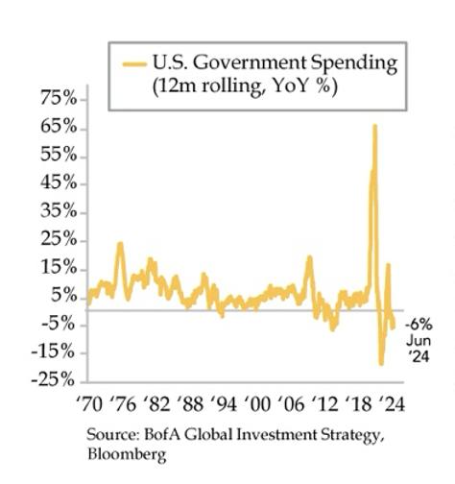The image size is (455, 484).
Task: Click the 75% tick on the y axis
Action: [x=57, y=99]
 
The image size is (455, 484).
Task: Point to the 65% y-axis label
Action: [x=57, y=127]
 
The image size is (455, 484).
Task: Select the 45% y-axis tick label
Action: [x=57, y=182]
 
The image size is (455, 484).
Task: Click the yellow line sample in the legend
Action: [x=135, y=63]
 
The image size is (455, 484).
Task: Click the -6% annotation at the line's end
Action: [x=419, y=324]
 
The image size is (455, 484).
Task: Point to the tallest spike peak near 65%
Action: [x=374, y=126]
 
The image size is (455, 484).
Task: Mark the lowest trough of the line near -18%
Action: [x=381, y=363]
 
